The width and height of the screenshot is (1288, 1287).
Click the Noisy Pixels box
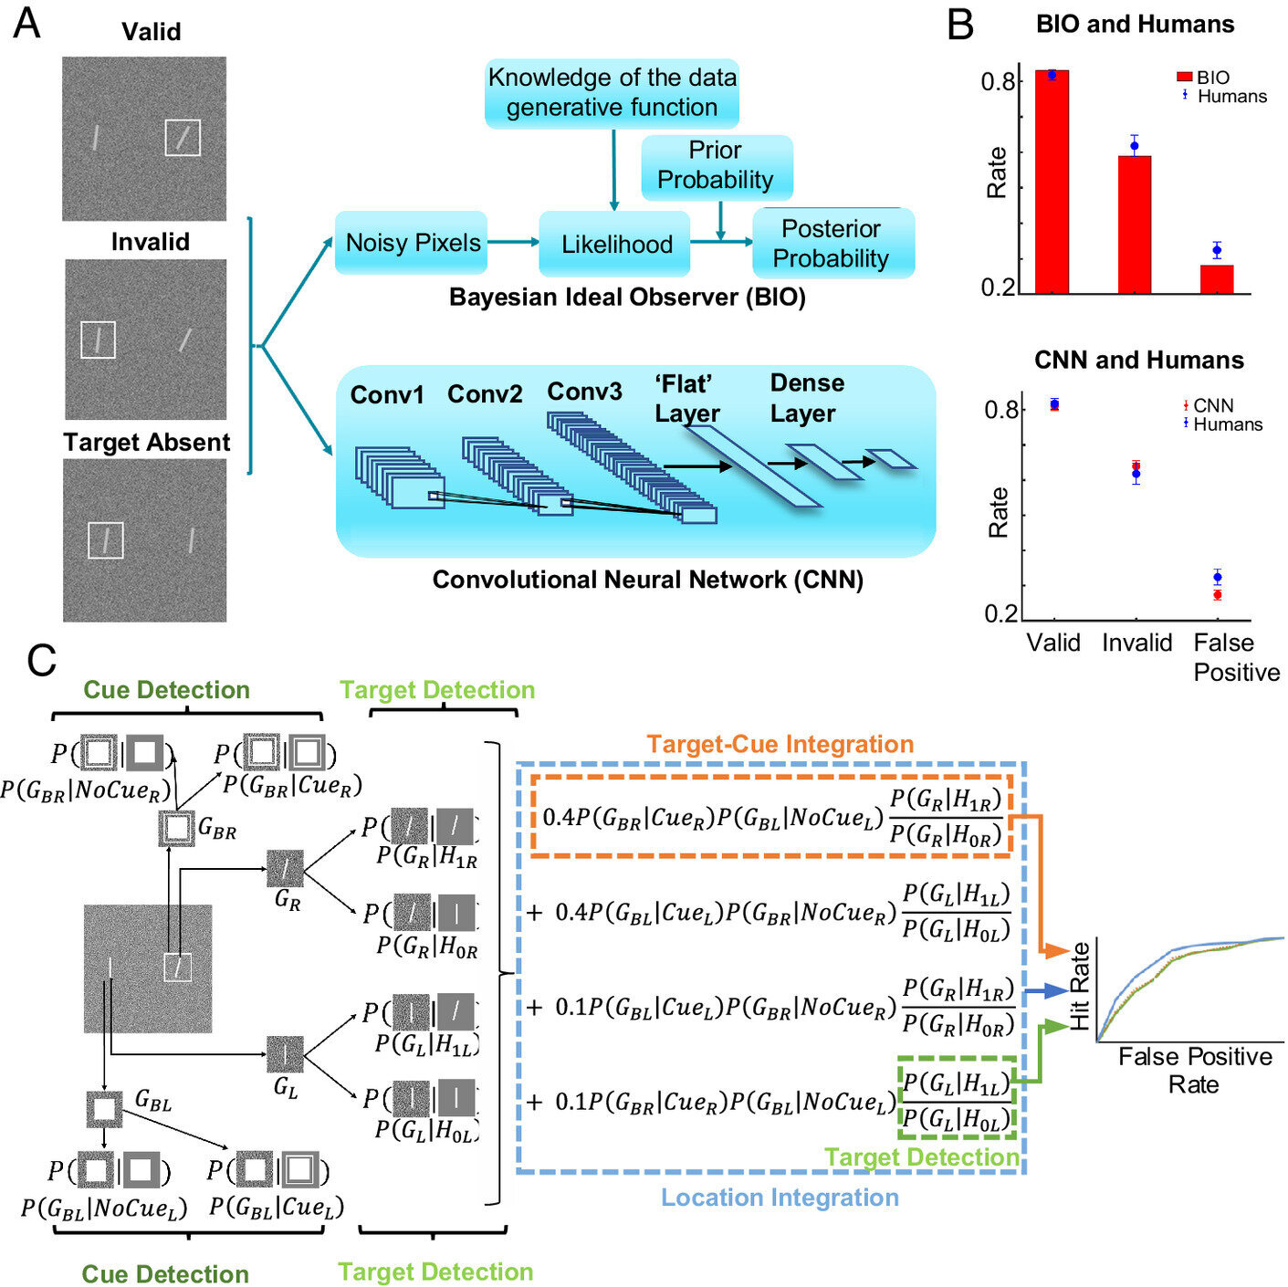click(x=412, y=243)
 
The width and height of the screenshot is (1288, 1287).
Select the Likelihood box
click(x=615, y=244)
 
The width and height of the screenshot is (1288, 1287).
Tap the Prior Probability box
click(x=716, y=166)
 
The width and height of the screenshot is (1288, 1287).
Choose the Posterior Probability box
click(x=832, y=244)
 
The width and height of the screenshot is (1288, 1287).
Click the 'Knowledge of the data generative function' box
click(x=612, y=93)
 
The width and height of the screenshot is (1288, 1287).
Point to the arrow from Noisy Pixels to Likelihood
click(x=513, y=242)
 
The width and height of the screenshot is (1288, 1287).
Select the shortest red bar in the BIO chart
click(x=1216, y=279)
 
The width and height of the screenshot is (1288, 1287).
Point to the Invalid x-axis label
click(x=1136, y=643)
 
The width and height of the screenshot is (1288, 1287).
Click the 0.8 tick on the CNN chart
click(x=1000, y=410)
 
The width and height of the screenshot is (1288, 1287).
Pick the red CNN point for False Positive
click(x=1217, y=595)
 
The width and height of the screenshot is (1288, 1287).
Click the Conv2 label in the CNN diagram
click(x=485, y=394)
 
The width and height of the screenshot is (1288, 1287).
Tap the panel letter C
click(x=41, y=660)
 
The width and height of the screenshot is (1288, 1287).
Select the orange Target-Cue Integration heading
click(x=780, y=745)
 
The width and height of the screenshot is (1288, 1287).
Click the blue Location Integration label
click(x=780, y=1198)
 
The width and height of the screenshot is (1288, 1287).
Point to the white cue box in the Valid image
click(x=183, y=138)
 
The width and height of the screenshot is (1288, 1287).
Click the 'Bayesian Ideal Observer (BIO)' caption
click(x=627, y=298)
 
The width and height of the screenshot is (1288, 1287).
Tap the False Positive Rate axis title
click(x=1195, y=1071)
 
